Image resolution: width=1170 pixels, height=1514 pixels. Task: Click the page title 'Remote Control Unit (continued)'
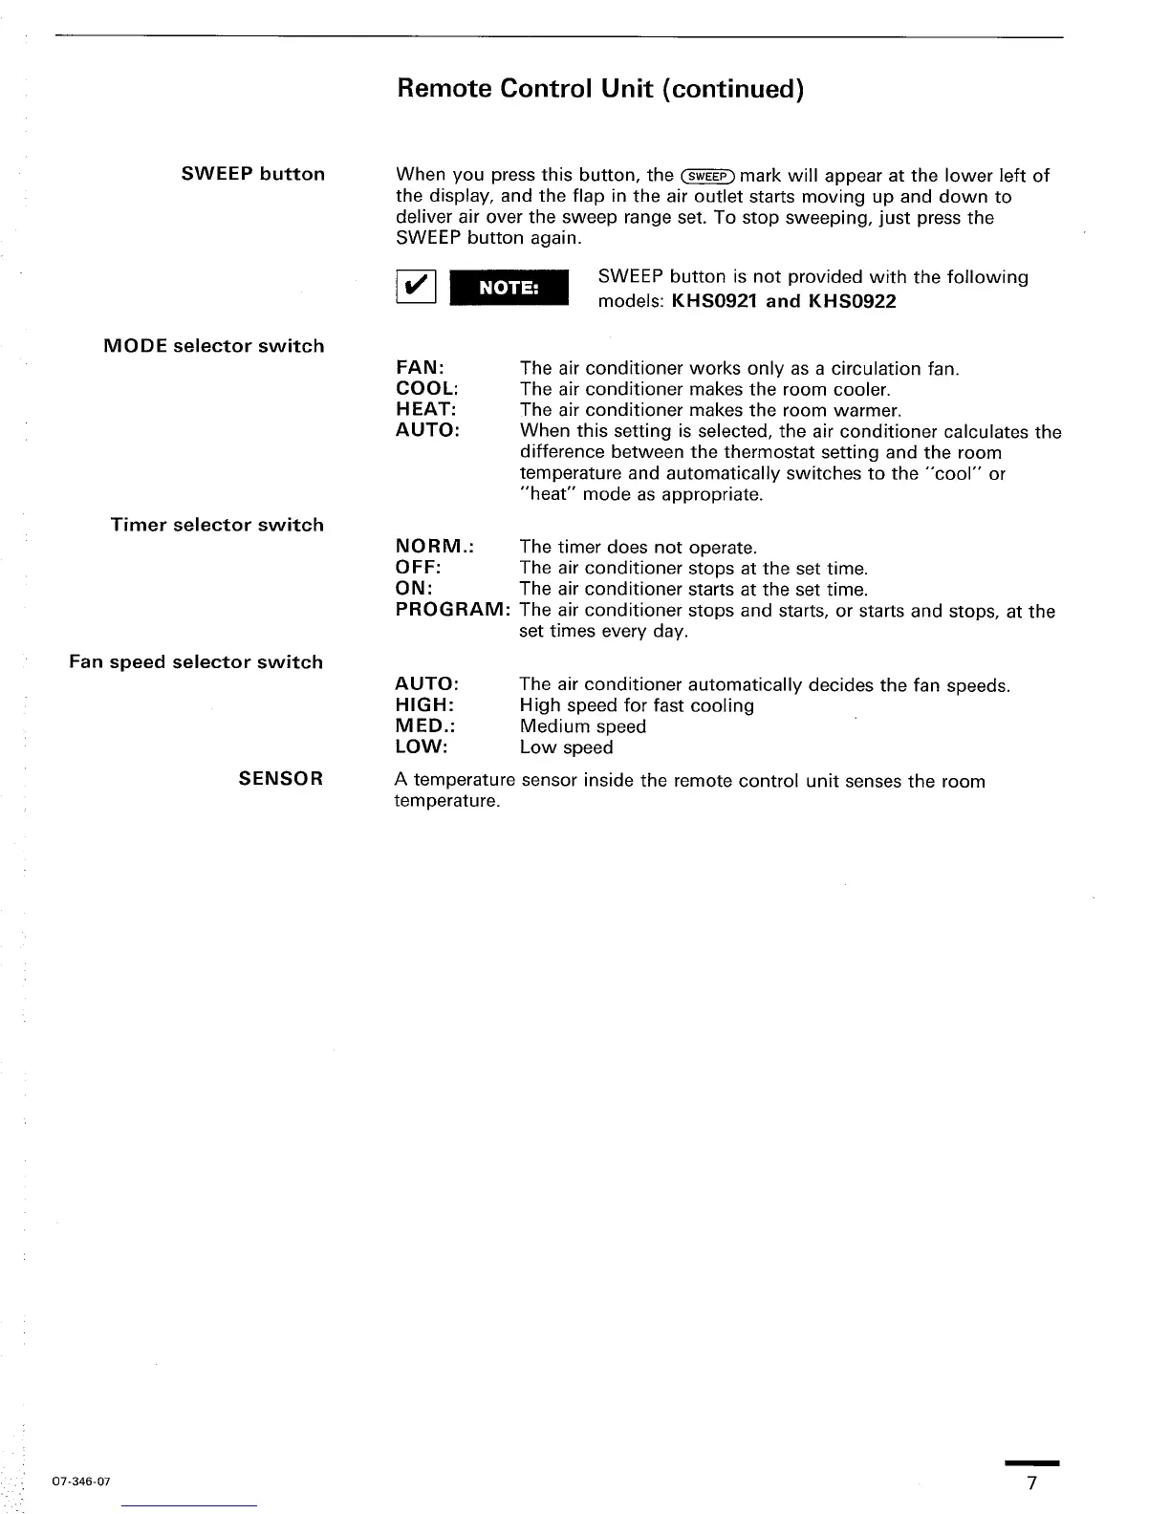(600, 89)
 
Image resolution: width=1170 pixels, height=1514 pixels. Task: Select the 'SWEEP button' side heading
(253, 174)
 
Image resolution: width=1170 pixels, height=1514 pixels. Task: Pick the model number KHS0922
(853, 302)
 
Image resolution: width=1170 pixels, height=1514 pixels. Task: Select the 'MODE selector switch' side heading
(213, 346)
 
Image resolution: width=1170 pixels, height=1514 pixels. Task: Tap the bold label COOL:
(427, 389)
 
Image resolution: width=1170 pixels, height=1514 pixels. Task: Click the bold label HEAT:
(426, 410)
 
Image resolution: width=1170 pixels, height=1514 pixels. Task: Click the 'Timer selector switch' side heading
(217, 525)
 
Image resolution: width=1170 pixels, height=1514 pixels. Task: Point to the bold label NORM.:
(435, 547)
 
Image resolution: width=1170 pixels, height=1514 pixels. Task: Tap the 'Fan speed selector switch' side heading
(196, 662)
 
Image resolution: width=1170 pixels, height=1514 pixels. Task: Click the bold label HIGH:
(424, 705)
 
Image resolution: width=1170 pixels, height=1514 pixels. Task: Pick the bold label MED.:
(424, 726)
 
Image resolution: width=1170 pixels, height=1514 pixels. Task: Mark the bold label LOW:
(422, 747)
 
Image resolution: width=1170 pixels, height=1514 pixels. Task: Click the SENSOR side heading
(281, 779)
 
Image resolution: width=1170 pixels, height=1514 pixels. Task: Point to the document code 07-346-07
(81, 1482)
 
